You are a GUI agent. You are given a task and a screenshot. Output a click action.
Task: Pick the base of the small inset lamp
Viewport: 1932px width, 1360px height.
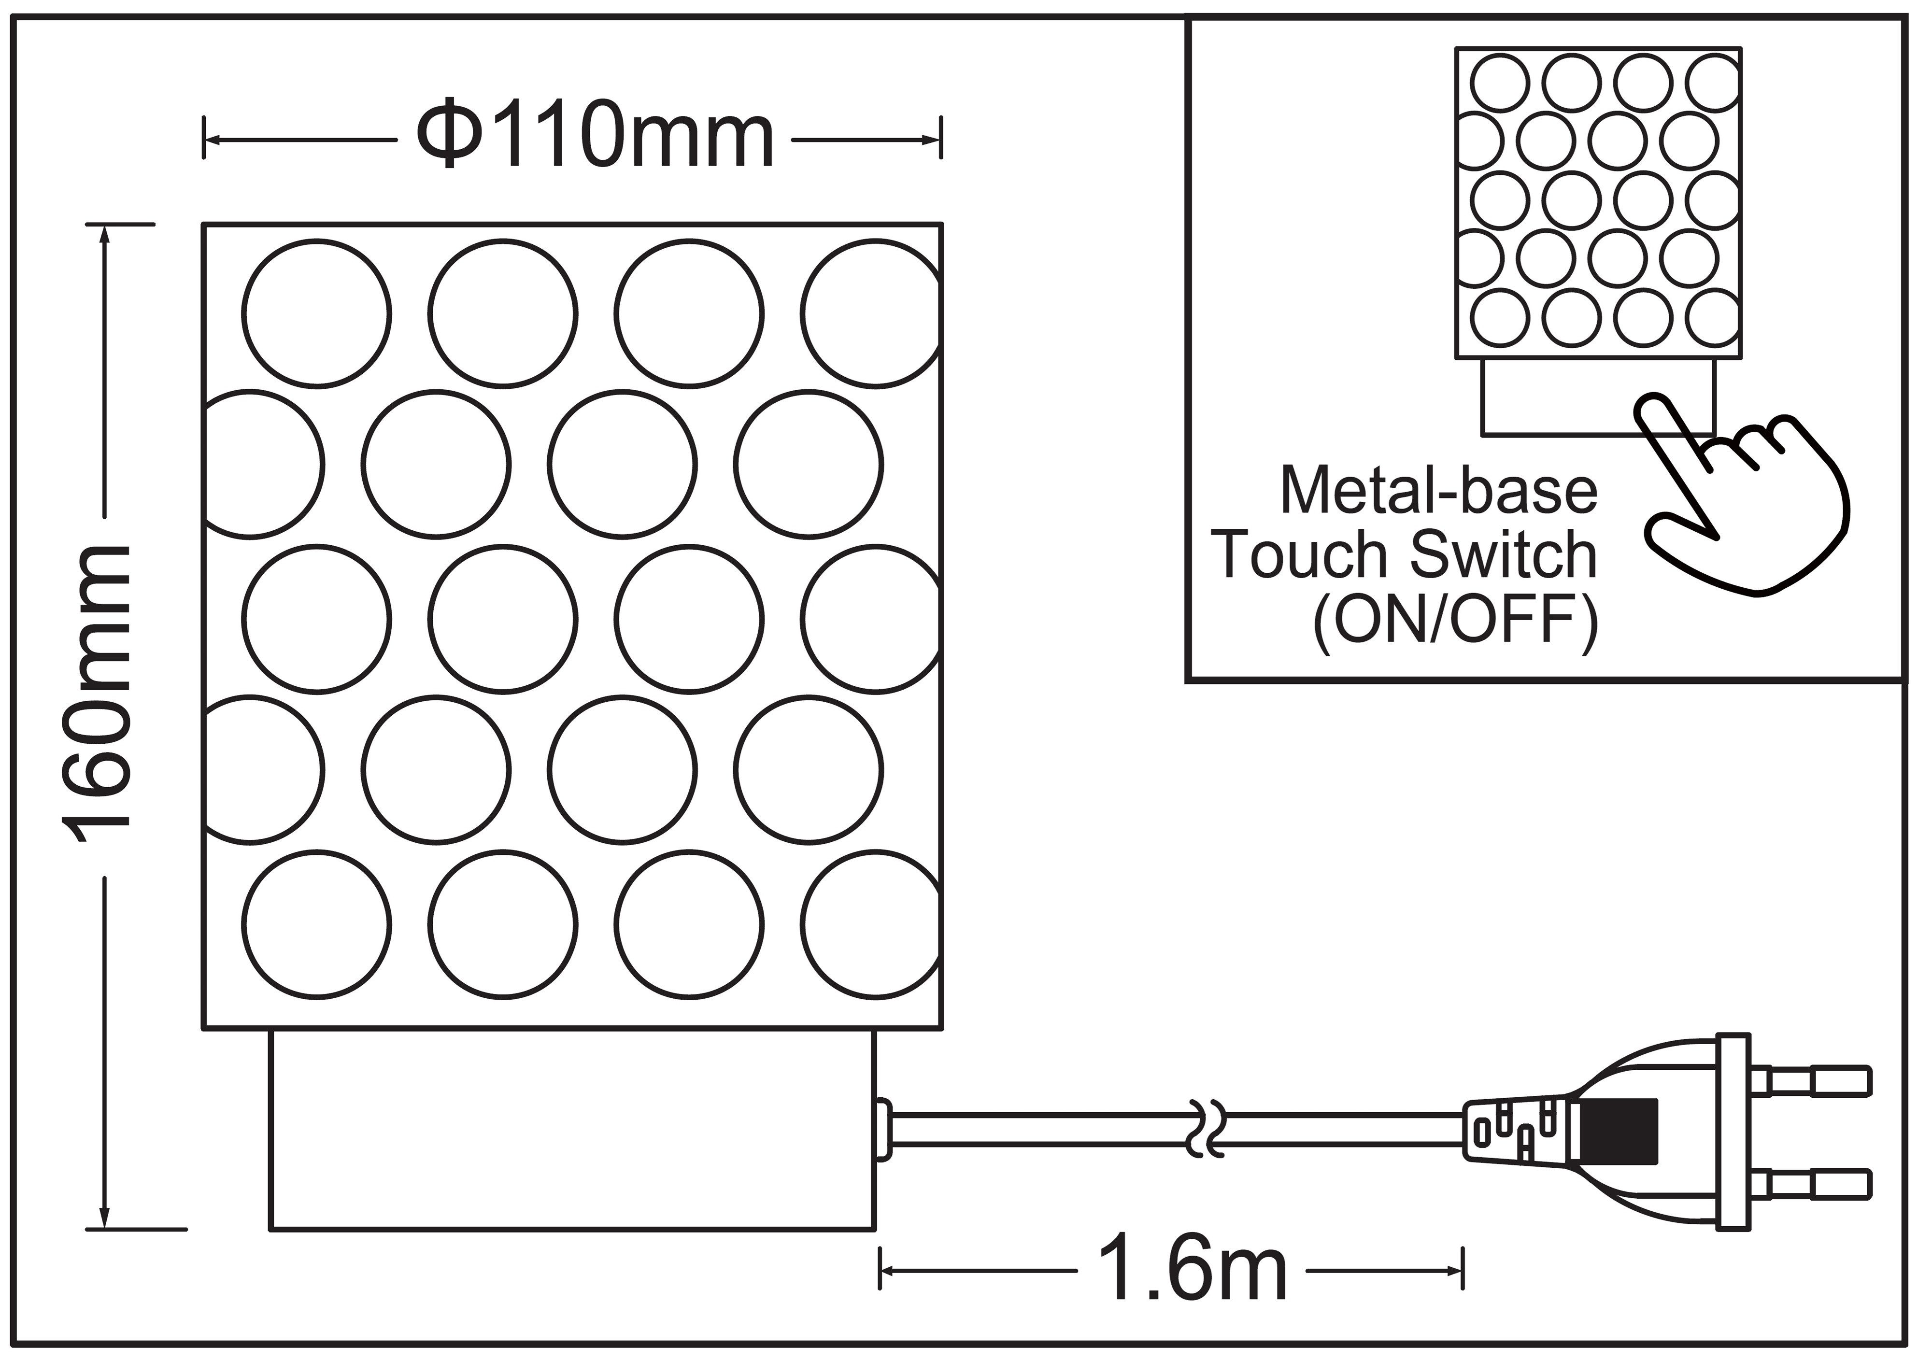point(1597,397)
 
